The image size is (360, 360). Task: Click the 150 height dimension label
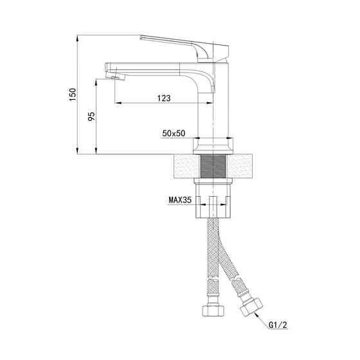point(73,94)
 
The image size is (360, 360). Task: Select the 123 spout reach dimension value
point(163,98)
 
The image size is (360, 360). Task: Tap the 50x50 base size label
point(174,133)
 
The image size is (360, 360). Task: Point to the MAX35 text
point(181,200)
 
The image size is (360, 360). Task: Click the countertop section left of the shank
point(184,167)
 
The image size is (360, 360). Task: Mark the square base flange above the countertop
point(212,147)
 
